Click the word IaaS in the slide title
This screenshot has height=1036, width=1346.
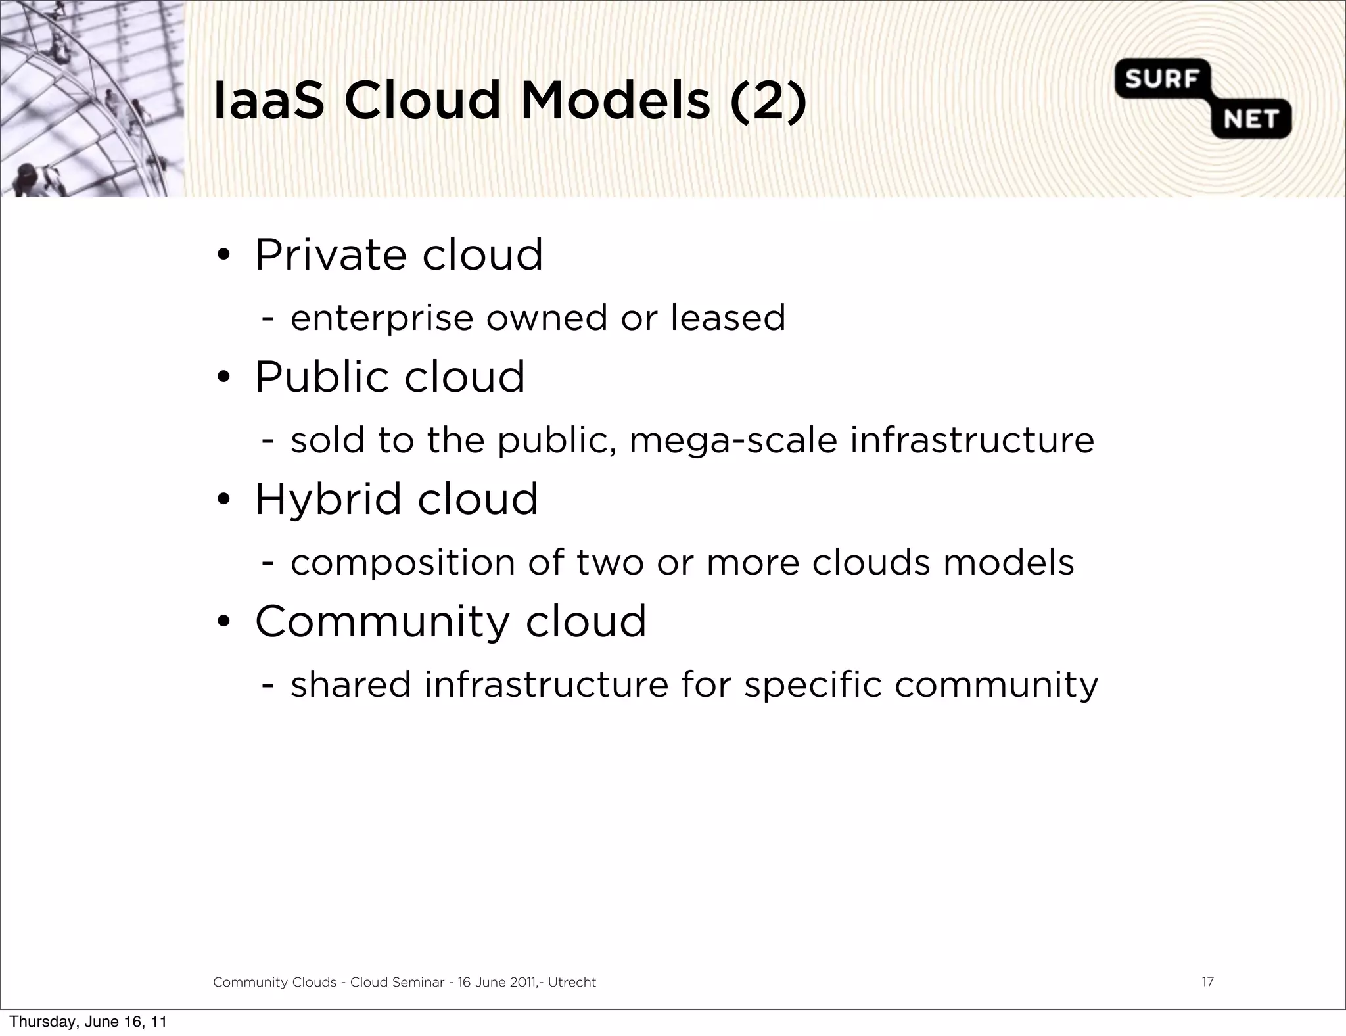point(269,101)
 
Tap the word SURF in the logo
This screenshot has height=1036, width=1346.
point(1161,80)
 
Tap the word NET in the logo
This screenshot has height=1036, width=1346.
point(1251,120)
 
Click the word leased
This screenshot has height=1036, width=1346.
point(728,318)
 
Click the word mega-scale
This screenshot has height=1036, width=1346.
point(733,441)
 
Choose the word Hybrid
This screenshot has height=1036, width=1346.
point(328,500)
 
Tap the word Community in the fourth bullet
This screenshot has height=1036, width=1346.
point(381,622)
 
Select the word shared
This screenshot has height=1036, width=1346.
point(350,685)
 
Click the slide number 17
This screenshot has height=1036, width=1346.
point(1207,982)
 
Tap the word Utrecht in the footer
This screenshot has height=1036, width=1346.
point(572,983)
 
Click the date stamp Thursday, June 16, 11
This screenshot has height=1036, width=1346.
point(88,1022)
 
